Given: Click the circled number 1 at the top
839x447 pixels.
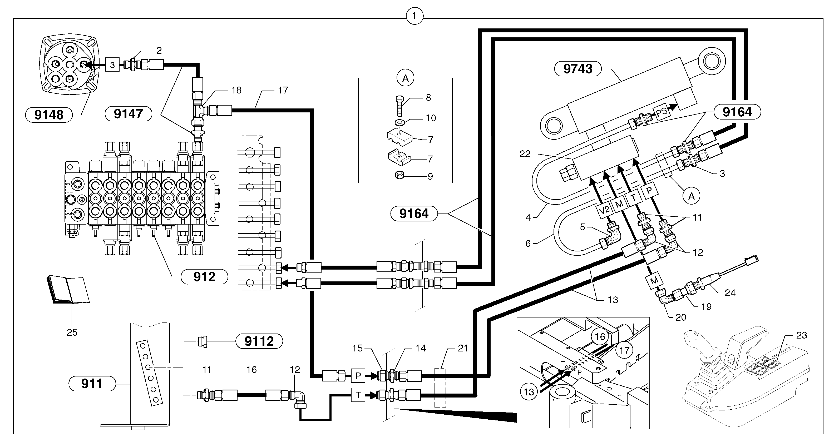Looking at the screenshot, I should point(414,16).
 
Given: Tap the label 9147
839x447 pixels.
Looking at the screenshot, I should point(128,114).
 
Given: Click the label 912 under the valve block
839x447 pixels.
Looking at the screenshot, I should point(204,276).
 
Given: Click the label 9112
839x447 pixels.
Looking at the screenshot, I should point(259,341).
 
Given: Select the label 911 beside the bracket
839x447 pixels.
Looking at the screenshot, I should point(92,383).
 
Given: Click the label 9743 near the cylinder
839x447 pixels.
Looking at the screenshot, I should point(578,69).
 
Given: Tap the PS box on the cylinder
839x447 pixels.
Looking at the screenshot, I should point(662,113).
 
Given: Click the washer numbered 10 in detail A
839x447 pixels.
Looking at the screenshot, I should point(399,122).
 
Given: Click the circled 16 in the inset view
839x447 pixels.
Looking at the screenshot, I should point(600,337).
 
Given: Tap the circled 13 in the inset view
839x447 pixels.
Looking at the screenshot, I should point(529,392).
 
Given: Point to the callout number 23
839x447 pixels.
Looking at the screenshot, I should point(802,335).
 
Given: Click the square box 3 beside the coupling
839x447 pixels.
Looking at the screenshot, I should point(112,65).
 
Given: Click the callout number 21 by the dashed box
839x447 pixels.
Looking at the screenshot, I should point(462,348).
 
